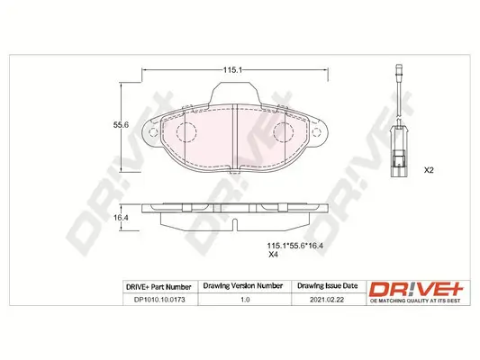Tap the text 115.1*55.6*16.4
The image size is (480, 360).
(x=294, y=244)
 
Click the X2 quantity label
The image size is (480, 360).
(x=429, y=170)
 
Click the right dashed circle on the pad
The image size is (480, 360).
(x=282, y=133)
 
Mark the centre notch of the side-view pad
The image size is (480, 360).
(x=233, y=222)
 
